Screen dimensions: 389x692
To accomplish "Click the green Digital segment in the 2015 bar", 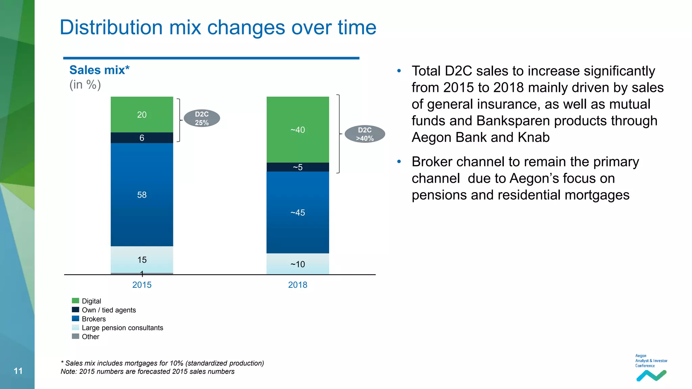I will (142, 114).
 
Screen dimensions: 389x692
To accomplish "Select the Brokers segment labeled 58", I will (142, 194).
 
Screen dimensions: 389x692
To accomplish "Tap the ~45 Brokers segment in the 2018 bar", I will (297, 212).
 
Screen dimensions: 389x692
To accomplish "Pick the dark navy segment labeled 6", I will (142, 138).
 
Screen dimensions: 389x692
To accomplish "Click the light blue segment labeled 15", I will (142, 259).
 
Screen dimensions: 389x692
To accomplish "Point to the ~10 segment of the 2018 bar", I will (297, 264).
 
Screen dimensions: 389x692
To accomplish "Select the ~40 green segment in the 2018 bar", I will (297, 130).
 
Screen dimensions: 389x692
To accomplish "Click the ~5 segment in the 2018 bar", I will (297, 167).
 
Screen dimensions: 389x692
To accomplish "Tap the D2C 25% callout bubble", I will (202, 118).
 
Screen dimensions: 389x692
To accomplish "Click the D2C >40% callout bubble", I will (365, 134).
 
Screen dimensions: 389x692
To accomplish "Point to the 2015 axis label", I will (142, 285).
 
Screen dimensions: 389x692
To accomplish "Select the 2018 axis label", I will (297, 285).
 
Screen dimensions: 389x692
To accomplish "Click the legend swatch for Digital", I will (75, 301).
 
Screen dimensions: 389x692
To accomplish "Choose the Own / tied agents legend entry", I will (108, 310).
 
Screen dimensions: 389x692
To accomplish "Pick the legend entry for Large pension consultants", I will (122, 328).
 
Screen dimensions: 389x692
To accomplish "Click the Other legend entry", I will (90, 336).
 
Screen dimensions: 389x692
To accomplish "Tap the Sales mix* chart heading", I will (99, 70).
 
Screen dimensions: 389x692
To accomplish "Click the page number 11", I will (18, 371).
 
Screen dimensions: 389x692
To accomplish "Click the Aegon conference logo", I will (651, 368).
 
